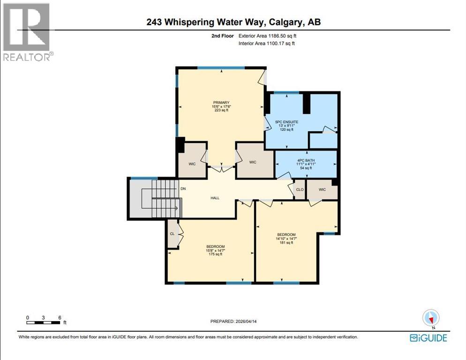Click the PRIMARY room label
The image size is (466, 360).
[221, 102]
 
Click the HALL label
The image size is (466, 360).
[215, 198]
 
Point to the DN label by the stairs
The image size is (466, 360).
[183, 189]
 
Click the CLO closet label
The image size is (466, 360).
[299, 190]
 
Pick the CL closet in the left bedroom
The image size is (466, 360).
[172, 233]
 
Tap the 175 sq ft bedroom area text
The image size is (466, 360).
[215, 255]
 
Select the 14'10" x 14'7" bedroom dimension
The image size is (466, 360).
[286, 239]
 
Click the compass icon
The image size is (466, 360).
[430, 318]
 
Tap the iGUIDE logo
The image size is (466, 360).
[428, 337]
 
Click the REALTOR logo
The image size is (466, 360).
[27, 32]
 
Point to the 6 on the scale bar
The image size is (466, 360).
[60, 317]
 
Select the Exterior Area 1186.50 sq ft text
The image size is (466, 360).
[267, 36]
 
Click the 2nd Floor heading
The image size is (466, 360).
[222, 36]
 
